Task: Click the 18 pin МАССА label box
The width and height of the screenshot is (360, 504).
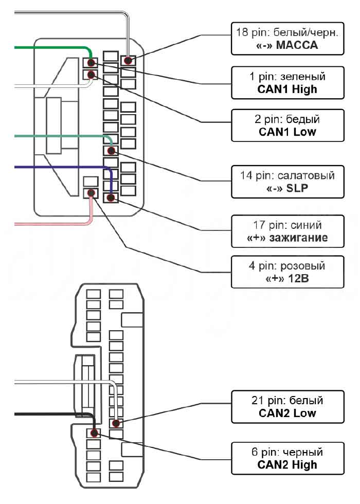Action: click(287, 39)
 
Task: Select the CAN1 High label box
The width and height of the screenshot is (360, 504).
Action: click(287, 83)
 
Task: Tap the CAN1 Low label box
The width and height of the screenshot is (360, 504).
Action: click(287, 125)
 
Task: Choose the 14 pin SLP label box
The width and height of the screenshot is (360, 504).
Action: click(287, 182)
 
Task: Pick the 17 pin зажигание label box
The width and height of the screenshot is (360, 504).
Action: click(287, 231)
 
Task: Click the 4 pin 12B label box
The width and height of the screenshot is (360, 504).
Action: click(287, 272)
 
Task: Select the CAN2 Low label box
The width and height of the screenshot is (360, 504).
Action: click(287, 407)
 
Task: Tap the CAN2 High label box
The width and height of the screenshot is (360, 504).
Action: click(287, 458)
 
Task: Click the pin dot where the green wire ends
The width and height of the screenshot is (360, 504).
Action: click(92, 62)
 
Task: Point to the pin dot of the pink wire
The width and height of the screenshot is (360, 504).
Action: click(92, 193)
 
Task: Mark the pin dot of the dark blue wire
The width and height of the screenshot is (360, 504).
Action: click(111, 197)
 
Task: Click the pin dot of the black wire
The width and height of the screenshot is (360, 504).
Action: click(94, 433)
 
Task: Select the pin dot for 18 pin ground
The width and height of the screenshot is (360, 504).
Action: click(128, 60)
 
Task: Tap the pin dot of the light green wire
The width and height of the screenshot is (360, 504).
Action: click(111, 150)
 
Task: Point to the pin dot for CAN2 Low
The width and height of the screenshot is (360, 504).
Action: click(116, 423)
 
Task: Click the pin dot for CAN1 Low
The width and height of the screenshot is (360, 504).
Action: click(92, 75)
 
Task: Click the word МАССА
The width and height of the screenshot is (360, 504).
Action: click(297, 45)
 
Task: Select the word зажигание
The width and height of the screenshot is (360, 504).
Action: click(299, 238)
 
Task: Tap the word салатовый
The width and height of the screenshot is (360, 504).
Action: click(306, 175)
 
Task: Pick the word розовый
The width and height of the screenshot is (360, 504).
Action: click(303, 266)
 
